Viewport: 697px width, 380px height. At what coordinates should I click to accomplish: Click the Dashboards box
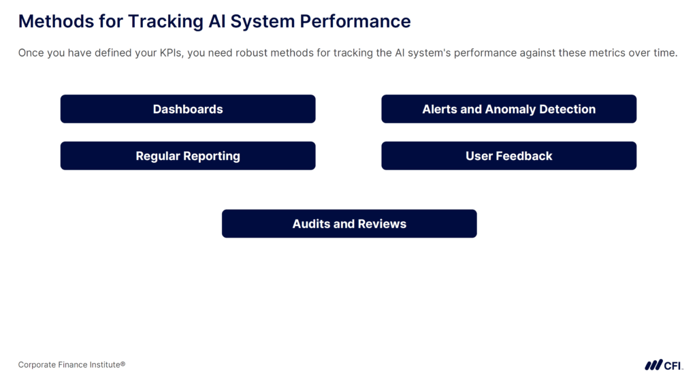[x=188, y=109]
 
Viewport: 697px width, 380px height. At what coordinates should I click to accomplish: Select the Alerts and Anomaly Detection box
[x=508, y=109]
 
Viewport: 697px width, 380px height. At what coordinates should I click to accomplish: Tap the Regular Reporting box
[x=188, y=156]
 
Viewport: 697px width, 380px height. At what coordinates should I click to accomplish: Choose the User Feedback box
[x=508, y=156]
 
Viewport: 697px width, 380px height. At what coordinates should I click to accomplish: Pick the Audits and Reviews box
[x=349, y=224]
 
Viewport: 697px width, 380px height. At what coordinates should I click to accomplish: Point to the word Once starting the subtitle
[x=31, y=53]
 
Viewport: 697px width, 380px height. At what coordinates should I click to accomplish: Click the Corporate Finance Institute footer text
[x=71, y=365]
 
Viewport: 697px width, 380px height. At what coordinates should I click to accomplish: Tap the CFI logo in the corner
[x=664, y=365]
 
